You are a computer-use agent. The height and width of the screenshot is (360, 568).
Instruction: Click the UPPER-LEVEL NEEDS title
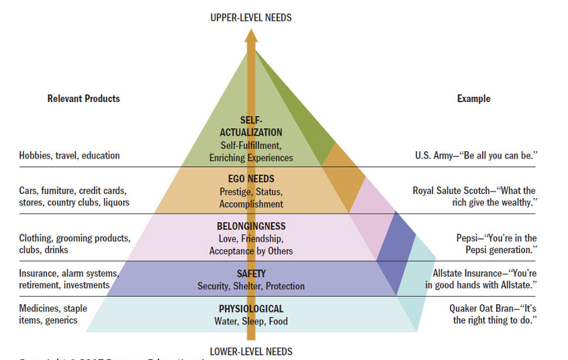[x=251, y=17]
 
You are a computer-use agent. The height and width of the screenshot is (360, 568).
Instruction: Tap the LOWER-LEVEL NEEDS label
[x=251, y=351]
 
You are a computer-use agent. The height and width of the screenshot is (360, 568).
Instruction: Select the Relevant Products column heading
[x=83, y=99]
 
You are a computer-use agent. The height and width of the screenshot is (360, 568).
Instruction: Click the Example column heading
[x=473, y=99]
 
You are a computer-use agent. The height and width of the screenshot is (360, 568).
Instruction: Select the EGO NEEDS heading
[x=251, y=179]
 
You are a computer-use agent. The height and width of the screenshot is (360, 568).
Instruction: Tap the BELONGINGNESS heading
[x=251, y=226]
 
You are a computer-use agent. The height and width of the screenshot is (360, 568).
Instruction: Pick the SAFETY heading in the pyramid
[x=251, y=274]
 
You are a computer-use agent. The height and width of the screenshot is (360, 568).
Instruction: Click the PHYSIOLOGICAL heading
[x=251, y=309]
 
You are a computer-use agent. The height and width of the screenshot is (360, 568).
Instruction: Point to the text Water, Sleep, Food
[x=251, y=321]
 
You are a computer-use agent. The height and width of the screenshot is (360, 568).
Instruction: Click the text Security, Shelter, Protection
[x=251, y=286]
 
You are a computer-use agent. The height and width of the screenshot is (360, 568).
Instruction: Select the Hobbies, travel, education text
[x=69, y=156]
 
